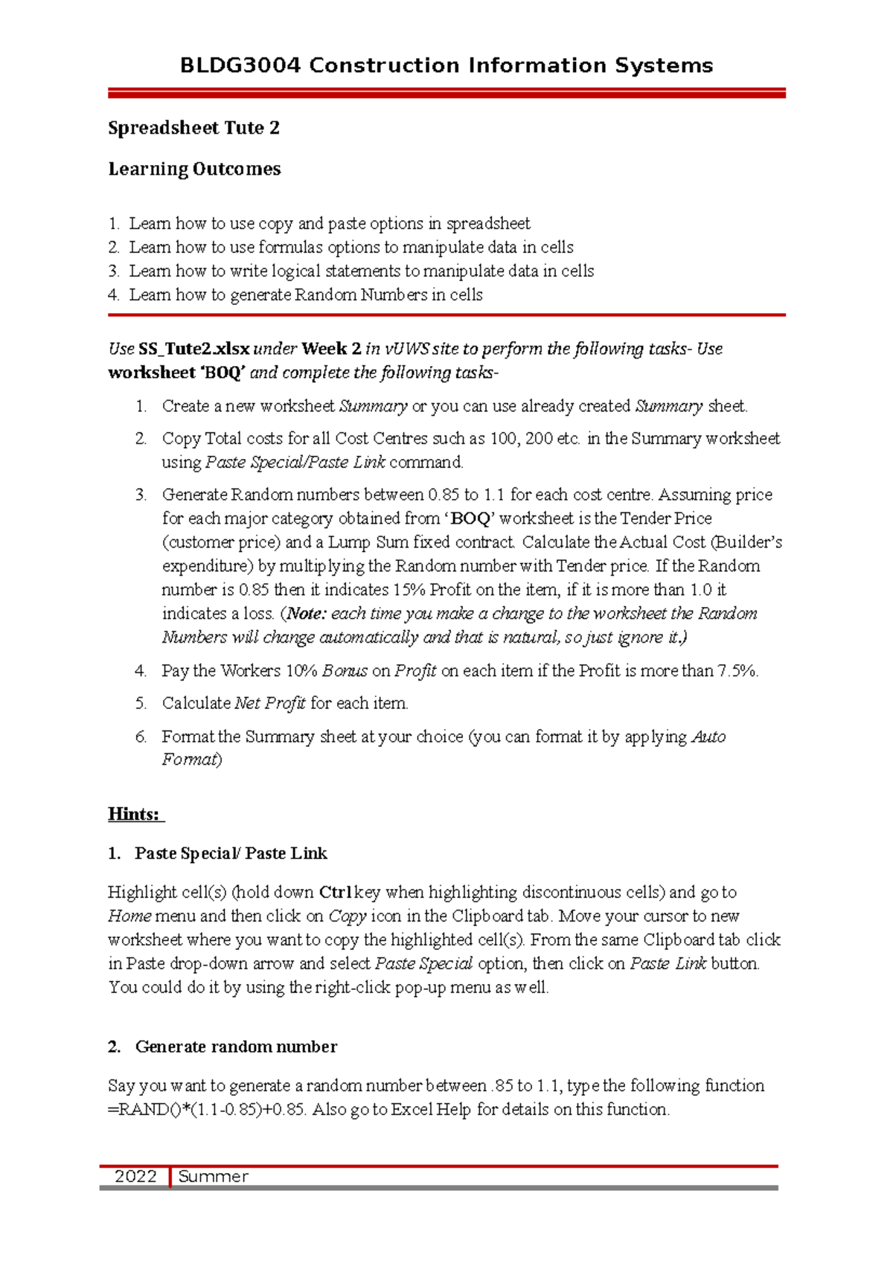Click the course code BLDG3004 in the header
pyautogui.click(x=240, y=65)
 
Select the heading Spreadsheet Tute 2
pyautogui.click(x=193, y=128)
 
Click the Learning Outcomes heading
pyautogui.click(x=194, y=169)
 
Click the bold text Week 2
pyautogui.click(x=331, y=349)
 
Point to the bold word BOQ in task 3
pyautogui.click(x=470, y=518)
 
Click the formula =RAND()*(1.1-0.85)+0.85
pyautogui.click(x=206, y=1109)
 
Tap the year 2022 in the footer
pyautogui.click(x=135, y=1176)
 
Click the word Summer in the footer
pyautogui.click(x=213, y=1176)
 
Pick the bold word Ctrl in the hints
pyautogui.click(x=336, y=892)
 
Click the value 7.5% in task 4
pyautogui.click(x=737, y=671)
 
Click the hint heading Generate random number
pyautogui.click(x=236, y=1047)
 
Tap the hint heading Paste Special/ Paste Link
pyautogui.click(x=231, y=853)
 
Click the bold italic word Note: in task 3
pyautogui.click(x=306, y=614)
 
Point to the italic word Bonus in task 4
pyautogui.click(x=345, y=671)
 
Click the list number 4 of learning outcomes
pyautogui.click(x=113, y=295)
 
